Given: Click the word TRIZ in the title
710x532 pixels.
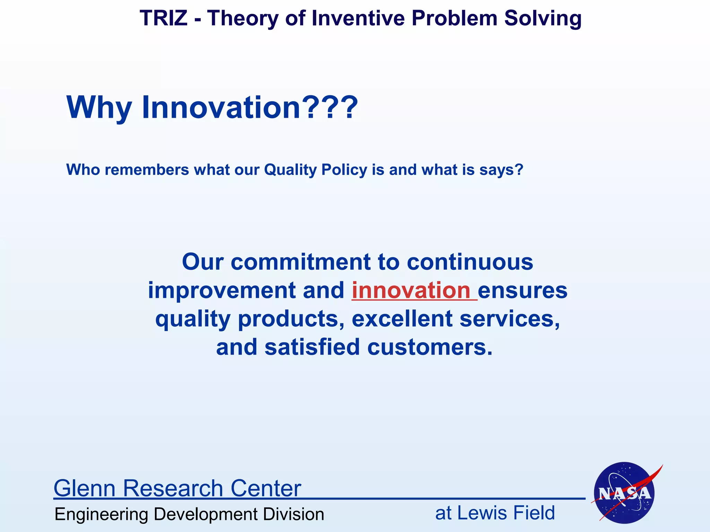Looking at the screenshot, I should (163, 18).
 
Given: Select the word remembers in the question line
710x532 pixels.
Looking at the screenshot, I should (147, 170).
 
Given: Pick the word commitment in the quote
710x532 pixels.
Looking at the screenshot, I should (300, 262).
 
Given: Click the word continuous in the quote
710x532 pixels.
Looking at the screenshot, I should (470, 262).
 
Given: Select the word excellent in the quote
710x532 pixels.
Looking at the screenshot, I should (402, 319).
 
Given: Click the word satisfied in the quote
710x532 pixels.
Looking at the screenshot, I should (312, 347).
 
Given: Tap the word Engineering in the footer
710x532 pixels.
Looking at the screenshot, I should (102, 514).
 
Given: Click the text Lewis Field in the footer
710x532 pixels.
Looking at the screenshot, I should (506, 513).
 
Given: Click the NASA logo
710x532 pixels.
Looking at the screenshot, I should (624, 493).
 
